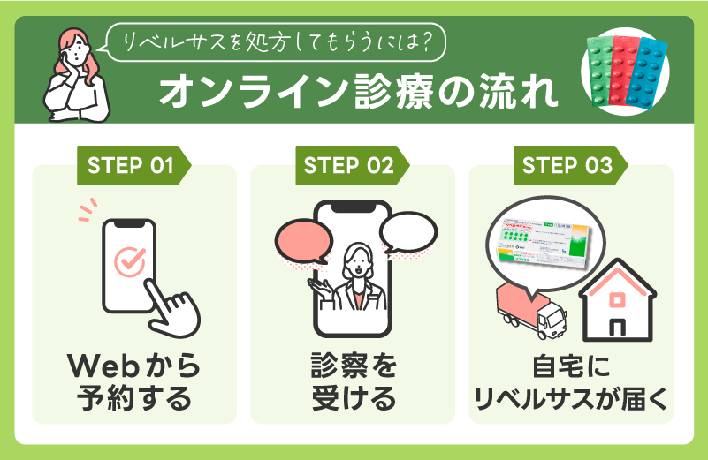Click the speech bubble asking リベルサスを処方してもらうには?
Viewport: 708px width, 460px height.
pyautogui.click(x=276, y=38)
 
